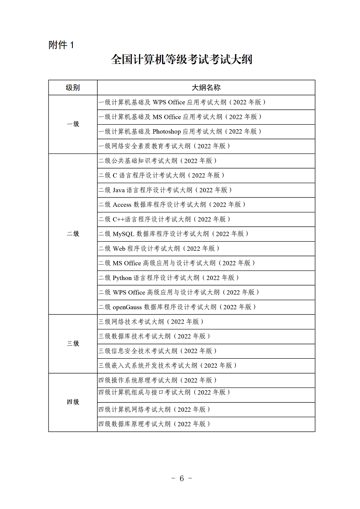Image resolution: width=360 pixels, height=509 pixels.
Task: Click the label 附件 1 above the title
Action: point(61,45)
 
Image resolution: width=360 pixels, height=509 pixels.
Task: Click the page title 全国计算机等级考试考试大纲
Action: point(182,60)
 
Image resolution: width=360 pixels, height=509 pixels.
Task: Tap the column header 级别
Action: point(73,88)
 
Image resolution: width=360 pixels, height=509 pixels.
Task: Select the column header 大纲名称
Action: point(206,88)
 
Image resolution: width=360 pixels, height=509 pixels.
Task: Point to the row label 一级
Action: point(73,124)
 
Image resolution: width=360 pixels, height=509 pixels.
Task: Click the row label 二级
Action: point(73,234)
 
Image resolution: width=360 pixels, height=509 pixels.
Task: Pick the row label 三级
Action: point(73,343)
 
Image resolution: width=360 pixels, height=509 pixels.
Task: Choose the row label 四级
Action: point(73,402)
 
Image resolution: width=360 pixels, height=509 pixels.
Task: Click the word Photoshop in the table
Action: point(166,131)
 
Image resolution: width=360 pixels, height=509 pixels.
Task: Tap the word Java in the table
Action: point(119,190)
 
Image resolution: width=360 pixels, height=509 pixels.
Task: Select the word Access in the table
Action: point(122,205)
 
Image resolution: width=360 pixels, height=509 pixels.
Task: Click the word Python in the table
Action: point(122,278)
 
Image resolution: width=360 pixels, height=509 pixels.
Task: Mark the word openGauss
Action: point(127,307)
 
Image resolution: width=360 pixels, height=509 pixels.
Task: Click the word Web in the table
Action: point(119,248)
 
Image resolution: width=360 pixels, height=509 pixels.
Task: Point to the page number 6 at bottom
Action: point(182,478)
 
